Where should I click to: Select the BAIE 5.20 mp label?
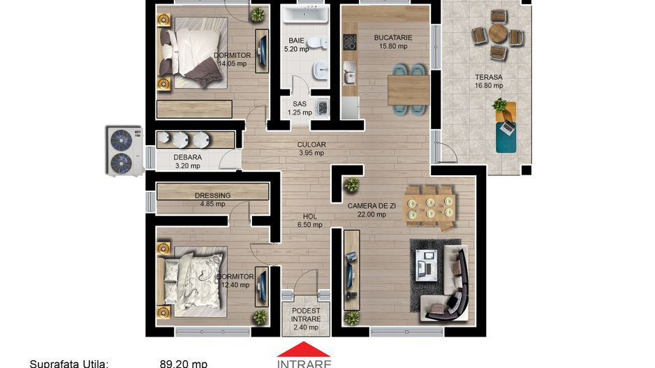(x=296, y=45)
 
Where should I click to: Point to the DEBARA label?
(x=187, y=161)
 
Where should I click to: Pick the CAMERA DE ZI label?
(x=371, y=209)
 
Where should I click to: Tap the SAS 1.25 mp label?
(x=299, y=108)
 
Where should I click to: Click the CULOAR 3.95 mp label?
(x=311, y=149)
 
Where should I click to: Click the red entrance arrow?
(x=304, y=349)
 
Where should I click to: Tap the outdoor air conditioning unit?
(x=123, y=150)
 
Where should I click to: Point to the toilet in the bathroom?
(x=321, y=43)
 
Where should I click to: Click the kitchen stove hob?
(x=349, y=43)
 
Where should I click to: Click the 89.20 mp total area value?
(x=183, y=363)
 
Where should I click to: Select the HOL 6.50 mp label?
(x=310, y=221)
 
